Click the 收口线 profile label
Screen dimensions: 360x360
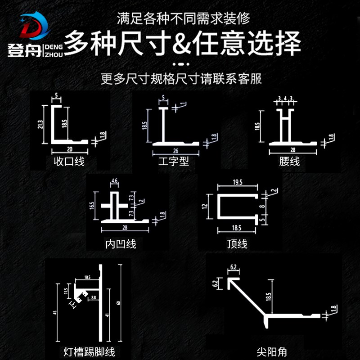69,161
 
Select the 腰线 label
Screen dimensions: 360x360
289,161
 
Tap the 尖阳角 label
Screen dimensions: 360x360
272,351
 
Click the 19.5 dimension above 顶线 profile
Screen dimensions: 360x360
238,182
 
